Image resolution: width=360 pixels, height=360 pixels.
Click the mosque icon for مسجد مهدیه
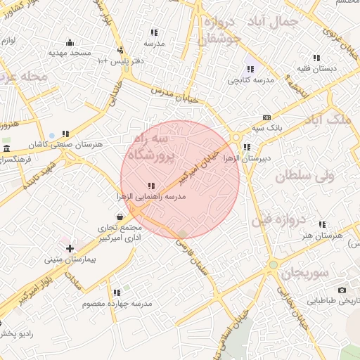pos(69,43)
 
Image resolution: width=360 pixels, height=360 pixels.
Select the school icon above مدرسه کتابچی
pos(250,70)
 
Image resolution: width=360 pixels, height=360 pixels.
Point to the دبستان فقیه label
pos(316,69)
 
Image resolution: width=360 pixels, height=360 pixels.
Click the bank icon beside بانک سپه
pos(266,117)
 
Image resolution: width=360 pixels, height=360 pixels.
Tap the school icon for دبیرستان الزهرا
pos(247,148)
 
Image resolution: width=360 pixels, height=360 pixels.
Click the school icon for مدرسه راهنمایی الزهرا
pos(152,186)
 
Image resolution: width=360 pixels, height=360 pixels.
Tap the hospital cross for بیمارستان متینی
pos(70,248)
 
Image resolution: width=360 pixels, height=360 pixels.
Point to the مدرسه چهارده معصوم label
pos(117,303)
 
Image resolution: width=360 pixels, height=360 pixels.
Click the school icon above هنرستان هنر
pos(322,225)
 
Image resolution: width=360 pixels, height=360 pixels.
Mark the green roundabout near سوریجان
pos(273,265)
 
